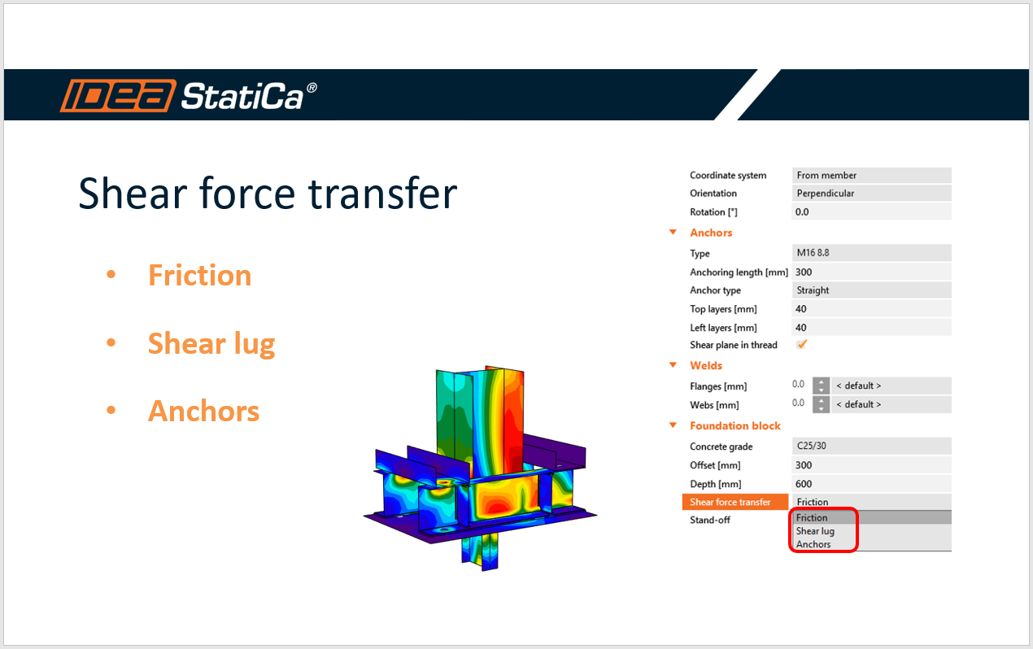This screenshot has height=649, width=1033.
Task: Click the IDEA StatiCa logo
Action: (188, 96)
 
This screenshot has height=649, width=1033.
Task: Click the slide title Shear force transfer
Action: (268, 194)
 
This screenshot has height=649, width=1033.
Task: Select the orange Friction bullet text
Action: (199, 276)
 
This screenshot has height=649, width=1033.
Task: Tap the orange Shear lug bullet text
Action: (211, 344)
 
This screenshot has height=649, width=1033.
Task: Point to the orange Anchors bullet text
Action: (203, 412)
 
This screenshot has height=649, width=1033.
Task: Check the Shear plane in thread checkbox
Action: (802, 345)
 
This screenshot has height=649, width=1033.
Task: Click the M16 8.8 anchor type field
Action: (870, 253)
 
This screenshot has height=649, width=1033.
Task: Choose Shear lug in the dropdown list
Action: (815, 531)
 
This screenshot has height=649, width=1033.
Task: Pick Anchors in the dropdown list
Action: (813, 545)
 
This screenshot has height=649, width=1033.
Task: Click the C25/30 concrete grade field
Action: (870, 446)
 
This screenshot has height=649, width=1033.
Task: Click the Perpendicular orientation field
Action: (870, 194)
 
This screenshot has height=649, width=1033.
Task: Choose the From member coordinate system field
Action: (870, 175)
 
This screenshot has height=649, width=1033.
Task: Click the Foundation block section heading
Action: (735, 426)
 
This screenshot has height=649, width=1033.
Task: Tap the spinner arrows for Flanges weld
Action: (822, 385)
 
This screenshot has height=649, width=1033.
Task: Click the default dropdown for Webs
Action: (891, 404)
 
